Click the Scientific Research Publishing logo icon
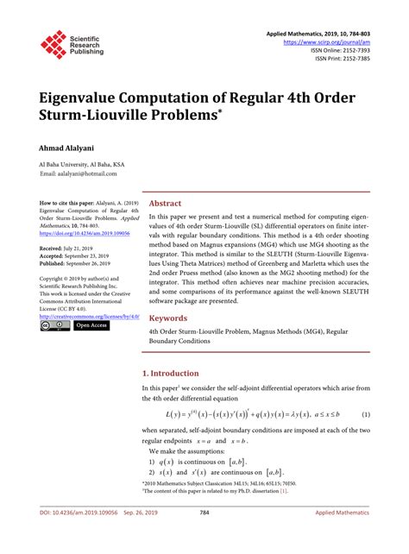coord(53,46)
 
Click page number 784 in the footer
coord(204,536)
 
